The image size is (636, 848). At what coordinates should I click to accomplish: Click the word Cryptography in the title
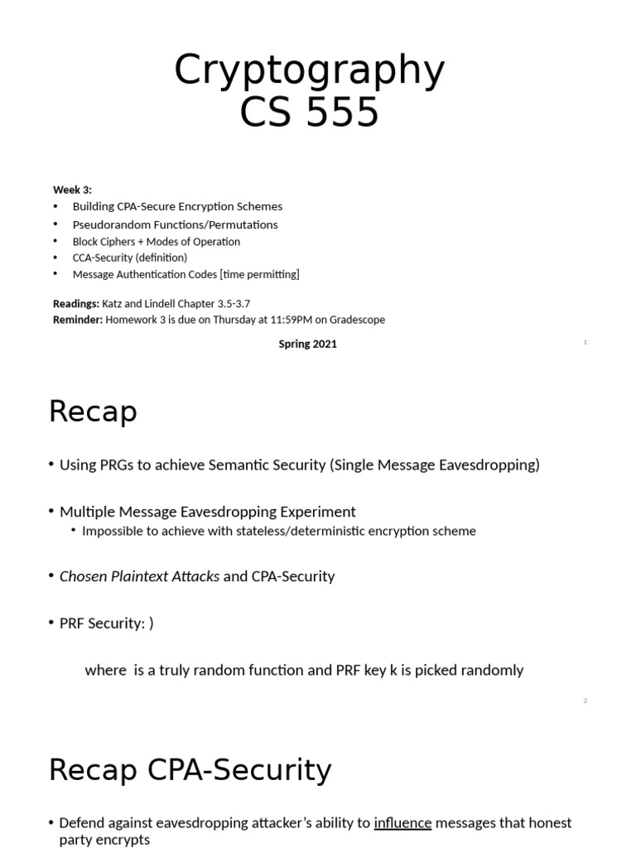tap(309, 71)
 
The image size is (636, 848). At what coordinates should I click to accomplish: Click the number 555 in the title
tap(341, 113)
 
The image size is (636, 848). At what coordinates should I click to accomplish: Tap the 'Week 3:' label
tap(72, 190)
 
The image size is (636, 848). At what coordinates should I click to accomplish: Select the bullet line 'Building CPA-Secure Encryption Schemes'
tap(177, 206)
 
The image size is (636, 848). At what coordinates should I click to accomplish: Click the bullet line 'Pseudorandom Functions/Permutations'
tap(175, 224)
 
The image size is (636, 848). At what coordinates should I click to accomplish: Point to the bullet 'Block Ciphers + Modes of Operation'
tap(156, 242)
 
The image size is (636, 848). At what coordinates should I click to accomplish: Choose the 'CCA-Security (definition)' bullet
tap(129, 258)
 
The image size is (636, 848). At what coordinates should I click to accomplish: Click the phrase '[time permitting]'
tap(259, 274)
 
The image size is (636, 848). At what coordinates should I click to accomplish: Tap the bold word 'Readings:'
tap(76, 304)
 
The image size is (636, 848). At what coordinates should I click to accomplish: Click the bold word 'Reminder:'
tap(78, 320)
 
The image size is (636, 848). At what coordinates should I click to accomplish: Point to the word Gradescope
tap(354, 320)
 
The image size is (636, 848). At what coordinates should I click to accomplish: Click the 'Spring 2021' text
tap(307, 344)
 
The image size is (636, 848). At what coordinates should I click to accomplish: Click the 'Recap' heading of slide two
tap(93, 412)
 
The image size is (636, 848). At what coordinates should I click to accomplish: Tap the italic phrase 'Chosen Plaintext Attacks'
tap(139, 576)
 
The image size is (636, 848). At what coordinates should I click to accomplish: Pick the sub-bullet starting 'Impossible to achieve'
tap(278, 531)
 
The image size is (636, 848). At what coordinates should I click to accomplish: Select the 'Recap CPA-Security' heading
tap(190, 770)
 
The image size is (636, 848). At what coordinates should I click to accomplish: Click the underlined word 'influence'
tap(402, 822)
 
